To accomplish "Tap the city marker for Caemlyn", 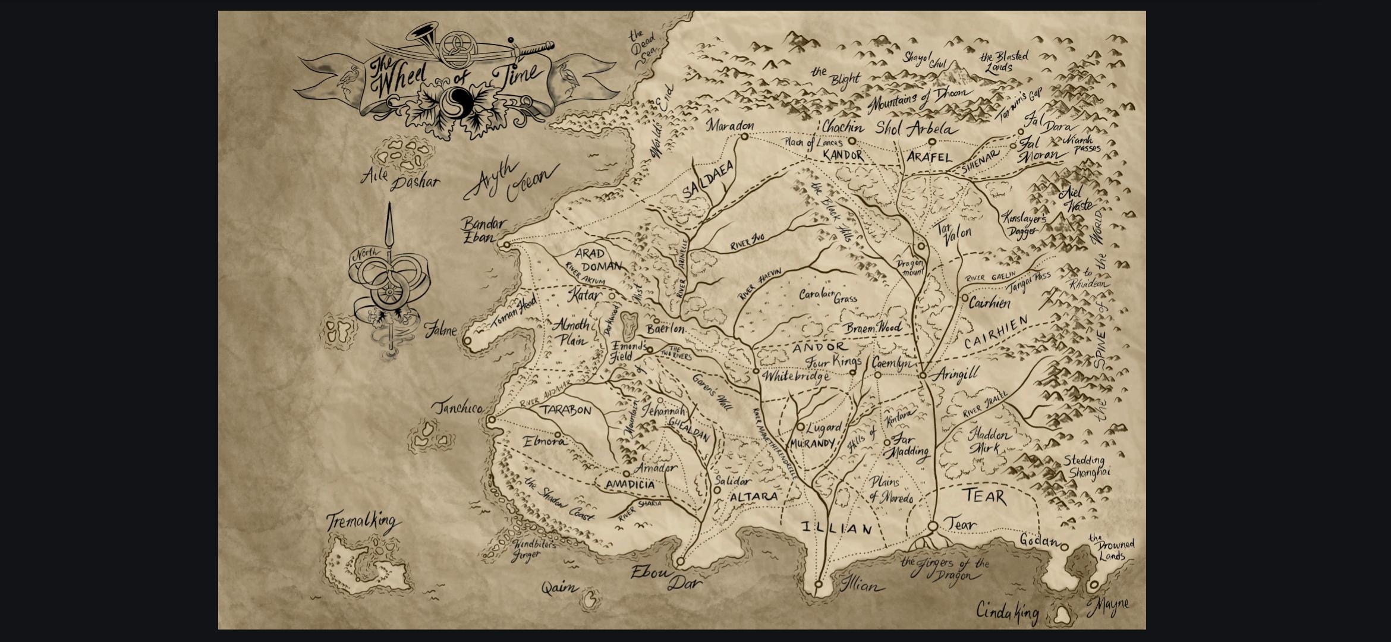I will pyautogui.click(x=877, y=374).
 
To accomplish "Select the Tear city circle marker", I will pyautogui.click(x=933, y=526).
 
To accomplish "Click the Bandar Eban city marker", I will pyautogui.click(x=506, y=244).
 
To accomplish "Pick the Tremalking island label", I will pyautogui.click(x=362, y=522).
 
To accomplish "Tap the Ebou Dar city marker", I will pyautogui.click(x=681, y=561).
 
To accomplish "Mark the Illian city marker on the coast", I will pyautogui.click(x=818, y=584).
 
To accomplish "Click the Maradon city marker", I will pyautogui.click(x=744, y=137).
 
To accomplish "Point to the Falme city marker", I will pyautogui.click(x=467, y=341).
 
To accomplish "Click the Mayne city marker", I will pyautogui.click(x=1093, y=586).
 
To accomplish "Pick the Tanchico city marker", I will pyautogui.click(x=491, y=420).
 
